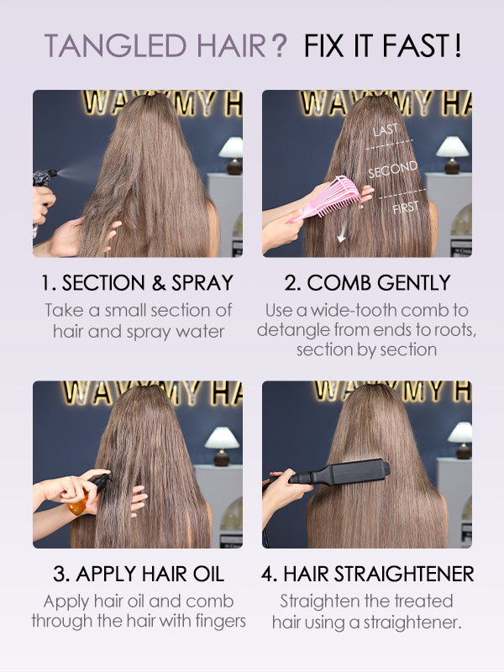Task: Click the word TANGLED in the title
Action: click(116, 45)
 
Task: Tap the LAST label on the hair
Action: click(386, 130)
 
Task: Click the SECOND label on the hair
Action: click(392, 169)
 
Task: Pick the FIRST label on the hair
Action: click(406, 207)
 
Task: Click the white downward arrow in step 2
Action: click(342, 234)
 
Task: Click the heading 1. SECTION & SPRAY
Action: click(137, 283)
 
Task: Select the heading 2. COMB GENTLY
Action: click(367, 283)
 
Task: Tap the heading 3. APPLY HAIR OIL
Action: click(139, 574)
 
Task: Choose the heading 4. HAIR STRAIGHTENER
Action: click(367, 574)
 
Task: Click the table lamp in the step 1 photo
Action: click(232, 155)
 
